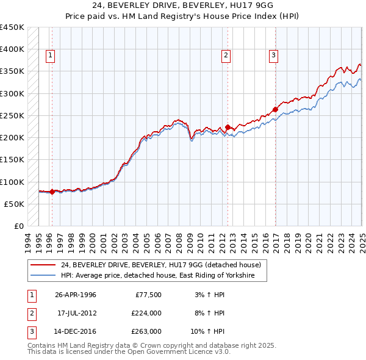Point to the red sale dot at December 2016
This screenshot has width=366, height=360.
coord(275,110)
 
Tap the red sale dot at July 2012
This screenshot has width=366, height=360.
coord(228,128)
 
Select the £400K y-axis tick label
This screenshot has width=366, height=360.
coord(12,49)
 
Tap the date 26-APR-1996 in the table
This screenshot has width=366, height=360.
coord(76,295)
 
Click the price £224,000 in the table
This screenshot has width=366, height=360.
coord(146,313)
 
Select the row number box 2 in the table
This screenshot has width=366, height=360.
coord(30,313)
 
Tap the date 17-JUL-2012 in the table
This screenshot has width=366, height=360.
coord(76,313)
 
